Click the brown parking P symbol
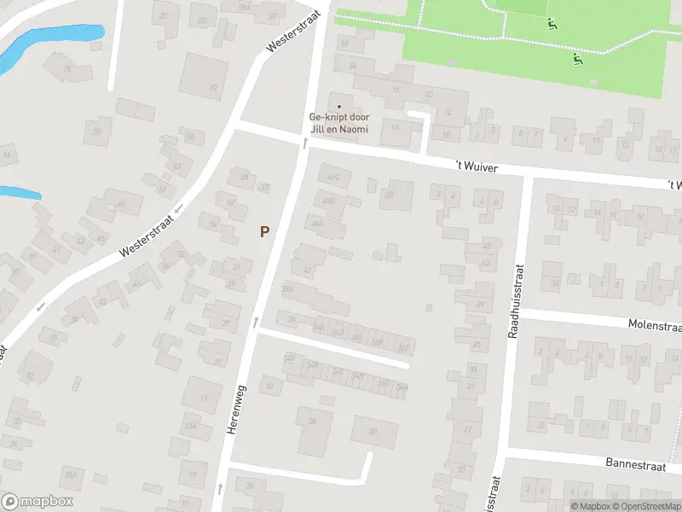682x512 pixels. pos(265,231)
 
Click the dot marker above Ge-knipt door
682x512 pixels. pos(338,107)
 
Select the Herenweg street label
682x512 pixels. pos(236,410)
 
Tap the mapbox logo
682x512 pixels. pos(38,502)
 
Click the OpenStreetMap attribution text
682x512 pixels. pos(643,506)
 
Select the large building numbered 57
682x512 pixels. pos(205,77)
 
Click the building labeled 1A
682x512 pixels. pos(395,126)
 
